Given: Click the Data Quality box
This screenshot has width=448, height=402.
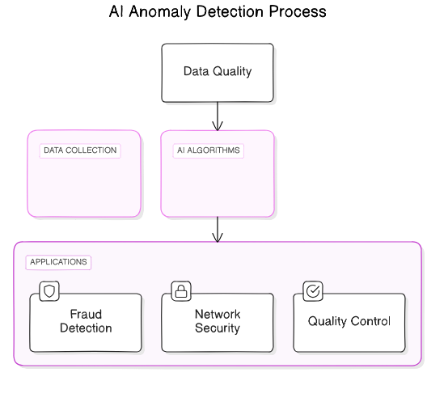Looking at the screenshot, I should pyautogui.click(x=218, y=73).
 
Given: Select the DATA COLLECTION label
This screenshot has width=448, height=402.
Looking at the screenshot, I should pyautogui.click(x=80, y=150).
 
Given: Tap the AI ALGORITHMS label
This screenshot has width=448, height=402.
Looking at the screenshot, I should pyautogui.click(x=208, y=150).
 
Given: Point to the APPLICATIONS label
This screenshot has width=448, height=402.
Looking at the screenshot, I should pyautogui.click(x=58, y=262).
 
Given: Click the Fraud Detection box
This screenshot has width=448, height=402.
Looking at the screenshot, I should pyautogui.click(x=86, y=322).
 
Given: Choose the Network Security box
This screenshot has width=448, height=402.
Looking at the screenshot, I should pyautogui.click(x=218, y=322).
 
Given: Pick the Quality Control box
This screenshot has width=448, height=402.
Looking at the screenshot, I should pyautogui.click(x=349, y=322).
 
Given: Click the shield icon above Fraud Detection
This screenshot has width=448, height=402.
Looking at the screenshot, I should pyautogui.click(x=49, y=290).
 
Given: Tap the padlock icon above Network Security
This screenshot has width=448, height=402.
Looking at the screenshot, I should pyautogui.click(x=180, y=290).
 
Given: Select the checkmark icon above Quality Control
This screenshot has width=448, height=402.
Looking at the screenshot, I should pyautogui.click(x=312, y=290).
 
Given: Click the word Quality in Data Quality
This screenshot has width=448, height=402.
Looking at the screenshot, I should pyautogui.click(x=233, y=71).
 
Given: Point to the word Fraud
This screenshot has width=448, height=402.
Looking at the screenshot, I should pyautogui.click(x=86, y=315).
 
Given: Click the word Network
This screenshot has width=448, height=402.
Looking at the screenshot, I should pyautogui.click(x=218, y=315).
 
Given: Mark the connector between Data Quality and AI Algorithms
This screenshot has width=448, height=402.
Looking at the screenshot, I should pyautogui.click(x=218, y=116).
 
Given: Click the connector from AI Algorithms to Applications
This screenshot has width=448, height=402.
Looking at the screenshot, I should pyautogui.click(x=218, y=229).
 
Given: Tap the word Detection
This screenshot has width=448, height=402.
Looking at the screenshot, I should pyautogui.click(x=86, y=328).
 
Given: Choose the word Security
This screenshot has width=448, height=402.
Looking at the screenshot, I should pyautogui.click(x=218, y=328).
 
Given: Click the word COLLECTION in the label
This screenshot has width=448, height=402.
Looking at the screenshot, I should pyautogui.click(x=93, y=150).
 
